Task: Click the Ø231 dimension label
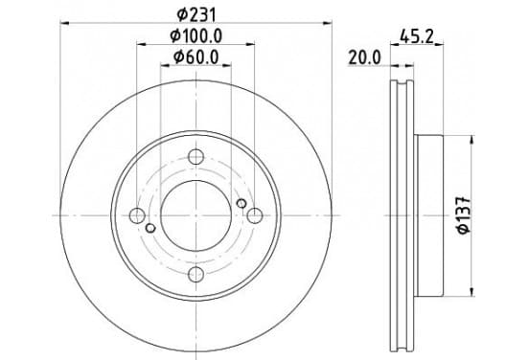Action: (196, 14)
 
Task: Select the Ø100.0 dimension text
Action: (196, 36)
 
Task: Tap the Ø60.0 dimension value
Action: (196, 56)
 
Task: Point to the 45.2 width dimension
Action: (416, 36)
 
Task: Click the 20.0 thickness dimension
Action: (364, 57)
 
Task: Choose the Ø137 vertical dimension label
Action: (464, 215)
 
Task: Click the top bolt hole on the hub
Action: (196, 157)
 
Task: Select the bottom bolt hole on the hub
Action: (196, 274)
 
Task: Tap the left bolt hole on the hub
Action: (137, 215)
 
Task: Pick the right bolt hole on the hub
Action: (255, 215)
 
